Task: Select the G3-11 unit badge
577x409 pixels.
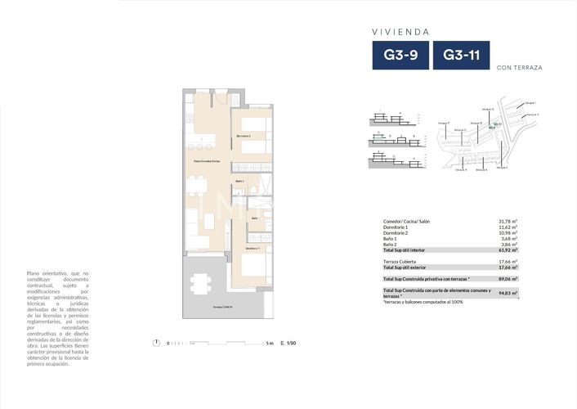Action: (x=461, y=56)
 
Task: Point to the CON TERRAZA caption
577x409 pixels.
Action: (x=520, y=66)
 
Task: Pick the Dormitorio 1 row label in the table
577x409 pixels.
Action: (x=398, y=227)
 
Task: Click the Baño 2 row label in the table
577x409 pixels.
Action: (x=391, y=245)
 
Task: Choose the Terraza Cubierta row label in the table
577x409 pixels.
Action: (x=401, y=261)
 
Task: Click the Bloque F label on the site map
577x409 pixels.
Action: (x=444, y=123)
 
